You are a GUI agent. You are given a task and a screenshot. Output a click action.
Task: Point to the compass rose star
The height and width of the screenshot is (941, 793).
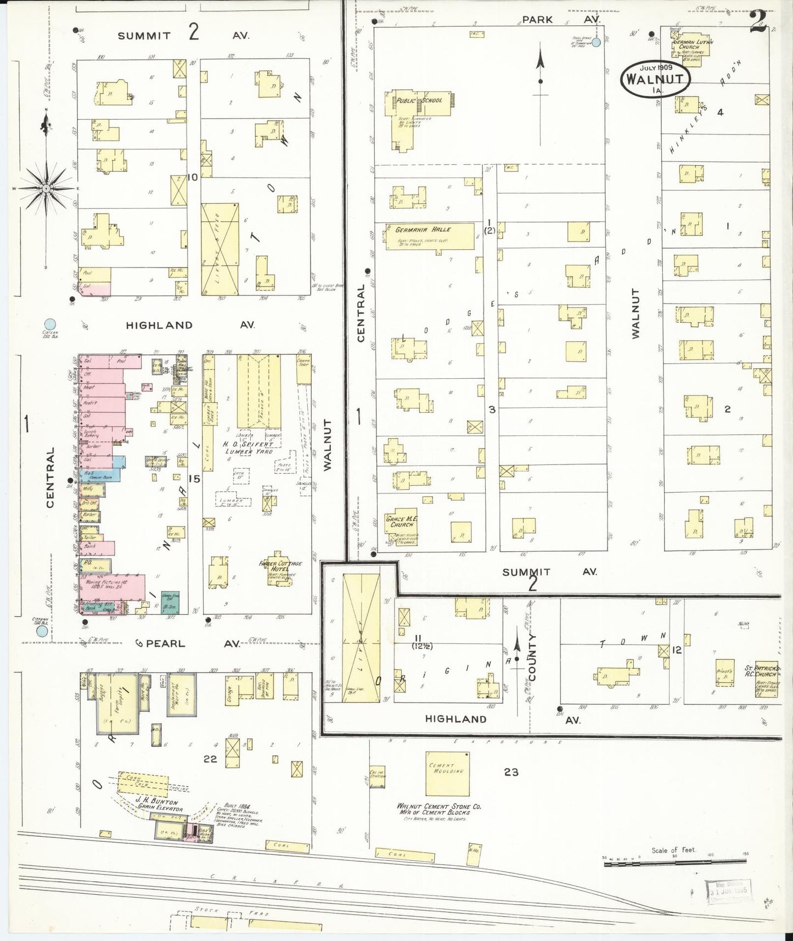point(46,188)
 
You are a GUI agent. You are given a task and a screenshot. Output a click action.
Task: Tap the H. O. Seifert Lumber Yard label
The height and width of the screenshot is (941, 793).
point(246,447)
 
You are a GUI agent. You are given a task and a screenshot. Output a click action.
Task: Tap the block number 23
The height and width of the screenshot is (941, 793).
point(511,772)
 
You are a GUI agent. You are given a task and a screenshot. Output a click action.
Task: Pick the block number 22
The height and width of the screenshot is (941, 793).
point(210,759)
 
